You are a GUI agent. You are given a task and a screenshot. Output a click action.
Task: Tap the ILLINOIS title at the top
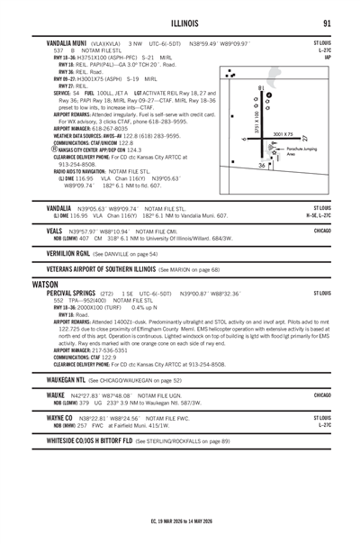tap(180, 23)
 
